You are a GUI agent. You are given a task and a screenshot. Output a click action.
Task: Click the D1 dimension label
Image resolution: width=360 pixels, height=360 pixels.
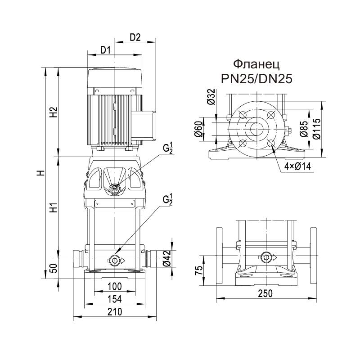[x=105, y=50]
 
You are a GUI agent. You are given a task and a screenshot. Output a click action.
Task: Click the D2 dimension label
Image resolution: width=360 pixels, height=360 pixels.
[x=135, y=37]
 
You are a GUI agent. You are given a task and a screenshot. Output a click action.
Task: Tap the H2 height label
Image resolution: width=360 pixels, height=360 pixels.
[x=53, y=112]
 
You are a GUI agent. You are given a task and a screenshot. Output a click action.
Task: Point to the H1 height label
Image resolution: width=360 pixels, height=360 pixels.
[x=53, y=208]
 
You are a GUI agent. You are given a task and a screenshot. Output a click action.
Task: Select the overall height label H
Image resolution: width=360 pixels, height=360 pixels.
[x=40, y=173]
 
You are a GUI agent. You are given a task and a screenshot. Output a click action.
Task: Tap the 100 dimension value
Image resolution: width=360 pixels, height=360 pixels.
[x=115, y=287]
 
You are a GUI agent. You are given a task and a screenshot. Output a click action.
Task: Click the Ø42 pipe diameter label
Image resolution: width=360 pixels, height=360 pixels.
[x=166, y=260]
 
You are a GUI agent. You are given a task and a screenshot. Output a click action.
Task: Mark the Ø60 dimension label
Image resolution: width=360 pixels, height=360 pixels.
[x=198, y=129]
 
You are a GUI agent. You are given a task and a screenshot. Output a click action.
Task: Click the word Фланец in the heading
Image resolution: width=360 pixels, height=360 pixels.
[x=256, y=64]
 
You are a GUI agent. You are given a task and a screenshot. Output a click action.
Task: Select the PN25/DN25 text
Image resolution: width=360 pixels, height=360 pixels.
[x=256, y=78]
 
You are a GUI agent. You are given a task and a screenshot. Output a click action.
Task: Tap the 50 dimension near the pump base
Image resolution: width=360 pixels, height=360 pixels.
[x=53, y=270]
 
